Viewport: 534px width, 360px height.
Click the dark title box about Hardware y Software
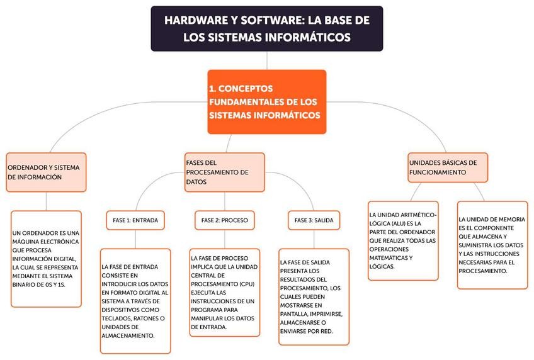(267, 29)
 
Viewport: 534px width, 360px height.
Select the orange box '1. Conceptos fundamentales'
(267, 102)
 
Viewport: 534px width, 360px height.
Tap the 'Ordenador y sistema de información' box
(46, 172)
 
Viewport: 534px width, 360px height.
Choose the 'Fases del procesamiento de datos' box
(225, 172)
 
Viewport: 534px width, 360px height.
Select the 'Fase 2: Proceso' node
(224, 220)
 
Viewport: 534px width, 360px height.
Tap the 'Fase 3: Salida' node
(314, 220)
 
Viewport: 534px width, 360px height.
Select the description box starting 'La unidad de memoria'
(492, 245)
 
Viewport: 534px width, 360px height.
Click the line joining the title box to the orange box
(267, 60)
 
